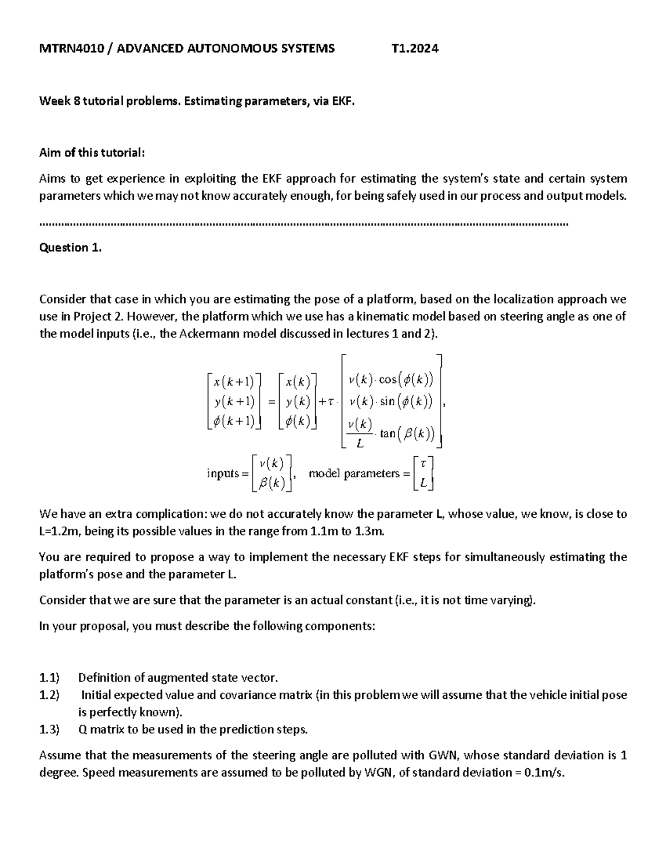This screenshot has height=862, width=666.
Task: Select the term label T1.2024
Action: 415,48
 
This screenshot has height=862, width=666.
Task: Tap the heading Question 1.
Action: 70,248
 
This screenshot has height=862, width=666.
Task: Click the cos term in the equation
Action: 388,380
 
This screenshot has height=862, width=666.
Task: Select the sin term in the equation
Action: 387,401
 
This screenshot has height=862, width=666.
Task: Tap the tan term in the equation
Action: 387,433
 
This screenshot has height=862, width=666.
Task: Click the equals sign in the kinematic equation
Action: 271,402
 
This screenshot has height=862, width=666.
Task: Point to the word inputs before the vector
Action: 223,473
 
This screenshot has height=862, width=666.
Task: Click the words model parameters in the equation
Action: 354,473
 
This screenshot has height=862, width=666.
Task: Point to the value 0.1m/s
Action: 543,772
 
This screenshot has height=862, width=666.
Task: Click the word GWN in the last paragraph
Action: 443,755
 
